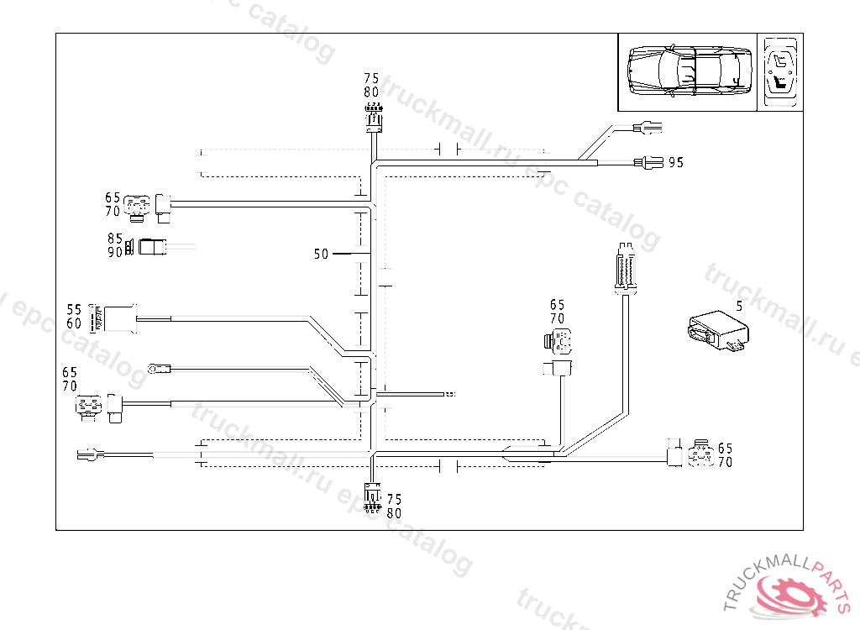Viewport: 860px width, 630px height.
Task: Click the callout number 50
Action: pyautogui.click(x=321, y=254)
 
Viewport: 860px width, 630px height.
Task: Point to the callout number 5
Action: pyautogui.click(x=739, y=307)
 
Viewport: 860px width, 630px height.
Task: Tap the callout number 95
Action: pyautogui.click(x=676, y=162)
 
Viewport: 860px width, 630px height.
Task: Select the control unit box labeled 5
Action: pyautogui.click(x=717, y=331)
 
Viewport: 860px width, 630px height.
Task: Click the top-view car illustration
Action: pyautogui.click(x=687, y=72)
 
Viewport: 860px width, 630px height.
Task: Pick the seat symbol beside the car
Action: pyautogui.click(x=780, y=72)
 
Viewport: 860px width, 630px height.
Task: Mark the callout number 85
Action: pyautogui.click(x=115, y=239)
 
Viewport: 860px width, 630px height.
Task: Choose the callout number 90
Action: pyautogui.click(x=115, y=252)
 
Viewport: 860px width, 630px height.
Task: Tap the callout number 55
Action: pyautogui.click(x=74, y=309)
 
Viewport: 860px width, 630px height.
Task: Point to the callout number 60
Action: pyautogui.click(x=74, y=323)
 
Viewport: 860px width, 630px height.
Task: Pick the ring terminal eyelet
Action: pyautogui.click(x=156, y=367)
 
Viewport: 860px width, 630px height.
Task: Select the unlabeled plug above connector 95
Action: pyautogui.click(x=648, y=129)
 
